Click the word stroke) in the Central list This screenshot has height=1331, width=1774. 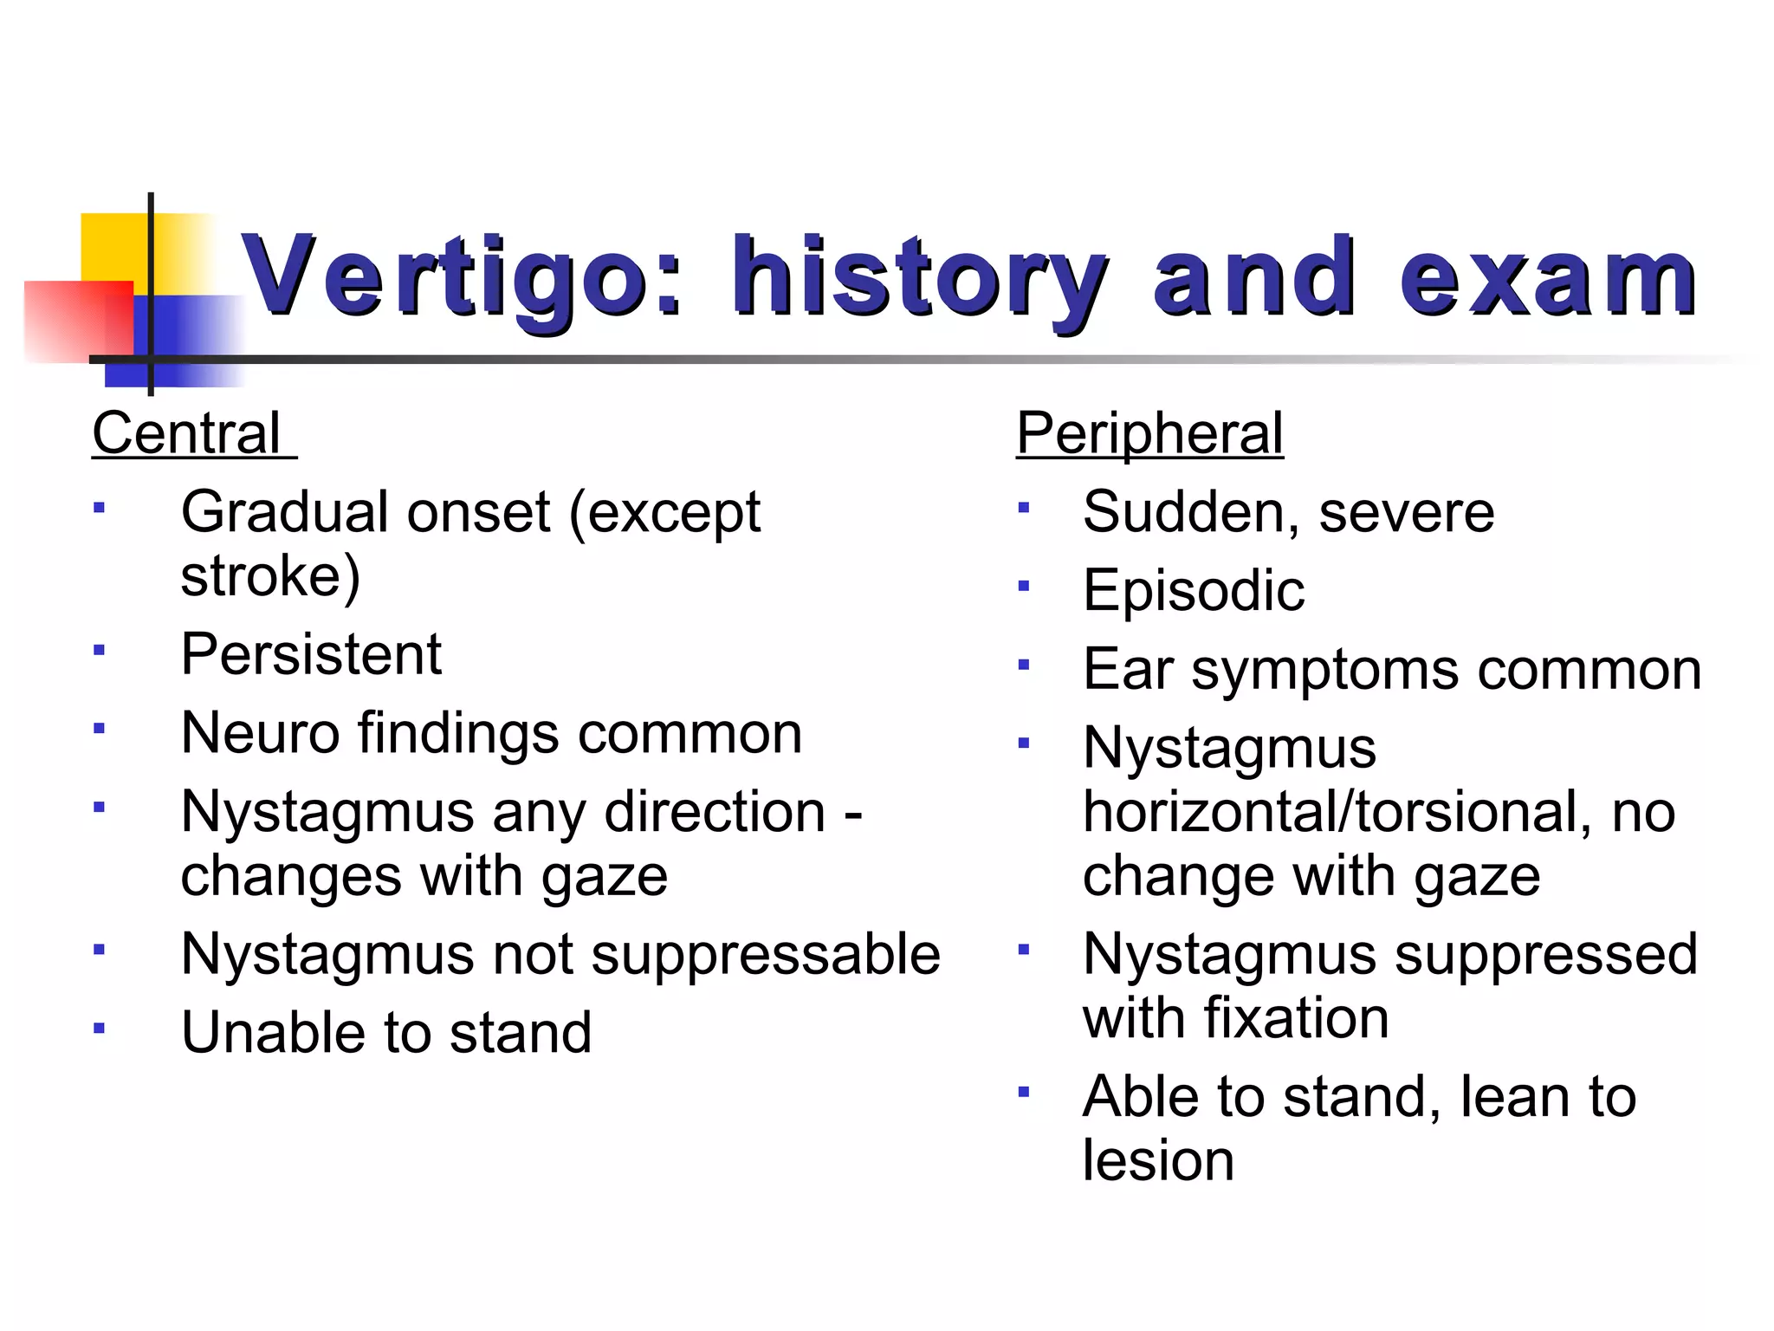270,576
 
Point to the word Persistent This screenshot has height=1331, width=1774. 311,654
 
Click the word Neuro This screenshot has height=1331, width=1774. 260,733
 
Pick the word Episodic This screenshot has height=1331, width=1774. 1193,591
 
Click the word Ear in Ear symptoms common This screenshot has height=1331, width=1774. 1128,670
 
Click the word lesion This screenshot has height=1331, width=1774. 1158,1160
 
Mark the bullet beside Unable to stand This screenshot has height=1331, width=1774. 100,1029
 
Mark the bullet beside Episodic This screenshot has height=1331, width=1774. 1024,587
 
